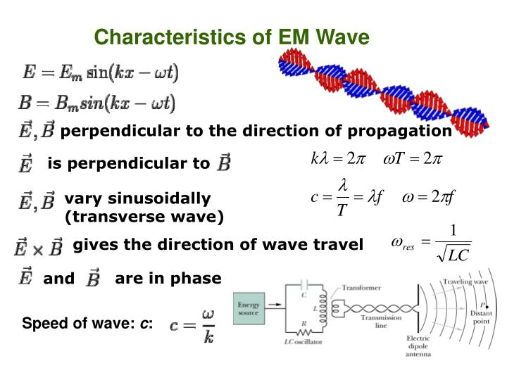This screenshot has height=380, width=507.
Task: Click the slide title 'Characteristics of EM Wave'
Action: [x=232, y=37]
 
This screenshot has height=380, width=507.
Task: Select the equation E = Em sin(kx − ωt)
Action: [x=101, y=72]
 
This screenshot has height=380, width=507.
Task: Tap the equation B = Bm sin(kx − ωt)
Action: [x=97, y=103]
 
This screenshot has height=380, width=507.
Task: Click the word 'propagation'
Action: [x=407, y=131]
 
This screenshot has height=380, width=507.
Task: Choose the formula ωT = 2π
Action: [x=412, y=158]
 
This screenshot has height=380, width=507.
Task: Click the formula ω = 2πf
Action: [x=430, y=197]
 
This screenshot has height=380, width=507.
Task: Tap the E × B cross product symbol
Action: [x=39, y=247]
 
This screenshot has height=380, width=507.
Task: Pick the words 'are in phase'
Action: [x=168, y=279]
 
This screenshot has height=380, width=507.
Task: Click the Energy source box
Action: [x=249, y=310]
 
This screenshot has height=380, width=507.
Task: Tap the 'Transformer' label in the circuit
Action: [x=362, y=288]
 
